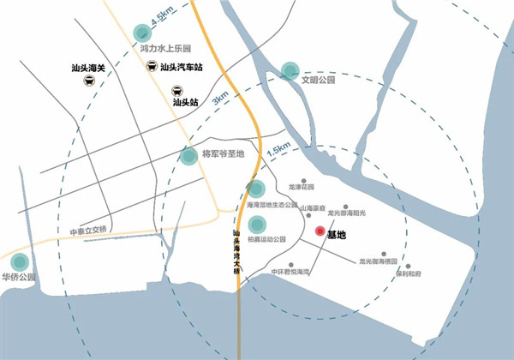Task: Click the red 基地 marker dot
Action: (x=320, y=231)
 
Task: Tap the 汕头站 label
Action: (x=185, y=101)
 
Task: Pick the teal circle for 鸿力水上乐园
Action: (x=143, y=33)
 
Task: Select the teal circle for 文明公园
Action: (x=290, y=70)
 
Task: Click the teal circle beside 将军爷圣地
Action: (x=189, y=156)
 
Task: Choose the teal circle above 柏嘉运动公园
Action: (x=255, y=225)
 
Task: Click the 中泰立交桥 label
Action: (x=90, y=230)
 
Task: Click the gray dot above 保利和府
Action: (x=408, y=267)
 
